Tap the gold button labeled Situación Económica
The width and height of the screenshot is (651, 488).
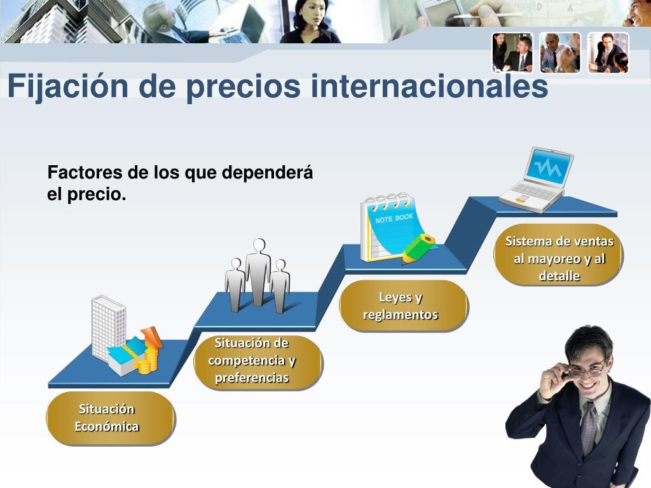[109, 417]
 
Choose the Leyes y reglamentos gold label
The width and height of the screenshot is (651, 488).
[402, 306]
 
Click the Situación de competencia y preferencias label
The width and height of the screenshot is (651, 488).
[252, 360]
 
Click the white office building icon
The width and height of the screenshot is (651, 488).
[108, 327]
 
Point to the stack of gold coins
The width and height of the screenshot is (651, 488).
[147, 363]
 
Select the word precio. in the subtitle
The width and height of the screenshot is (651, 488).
[96, 194]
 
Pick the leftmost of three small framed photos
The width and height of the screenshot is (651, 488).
[512, 53]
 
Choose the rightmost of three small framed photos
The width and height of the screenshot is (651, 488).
[608, 53]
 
